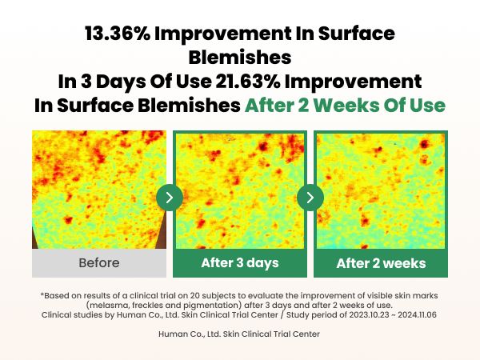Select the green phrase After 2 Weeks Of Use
345,105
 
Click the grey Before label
99,262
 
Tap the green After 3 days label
240,263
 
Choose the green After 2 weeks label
381,263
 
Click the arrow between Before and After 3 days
170,197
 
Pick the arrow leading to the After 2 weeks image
310,197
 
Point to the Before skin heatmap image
99,190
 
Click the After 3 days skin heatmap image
240,190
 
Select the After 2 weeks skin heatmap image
381,190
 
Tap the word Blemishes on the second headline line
240,58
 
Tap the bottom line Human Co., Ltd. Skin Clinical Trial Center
240,334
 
